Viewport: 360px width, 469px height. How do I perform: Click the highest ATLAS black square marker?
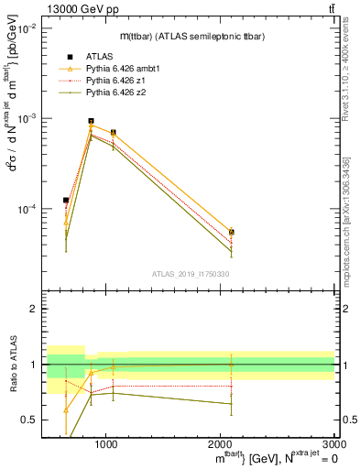point(91,121)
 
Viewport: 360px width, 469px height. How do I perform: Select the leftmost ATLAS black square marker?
point(66,200)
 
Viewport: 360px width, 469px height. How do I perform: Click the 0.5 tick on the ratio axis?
point(28,420)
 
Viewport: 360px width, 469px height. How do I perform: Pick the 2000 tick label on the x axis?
point(220,443)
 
